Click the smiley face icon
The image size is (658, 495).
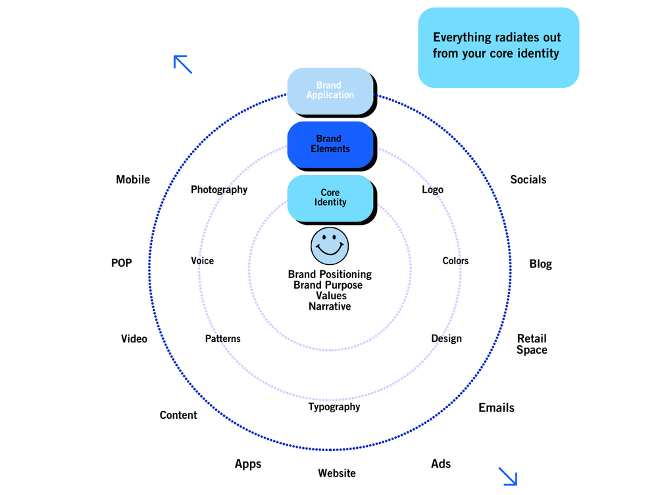point(330,247)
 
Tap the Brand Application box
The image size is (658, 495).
point(330,91)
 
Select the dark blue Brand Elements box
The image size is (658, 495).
point(330,144)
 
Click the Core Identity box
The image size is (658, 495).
point(330,198)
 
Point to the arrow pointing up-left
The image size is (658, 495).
point(182,64)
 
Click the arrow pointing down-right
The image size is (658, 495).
point(508,477)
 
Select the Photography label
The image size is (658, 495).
point(219,190)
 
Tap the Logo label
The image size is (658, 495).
point(432,190)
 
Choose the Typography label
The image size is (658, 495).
point(334,407)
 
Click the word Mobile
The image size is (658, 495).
point(133,179)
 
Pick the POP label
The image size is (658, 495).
point(122,264)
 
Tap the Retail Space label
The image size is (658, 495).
point(532,344)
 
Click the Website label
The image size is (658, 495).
point(337,473)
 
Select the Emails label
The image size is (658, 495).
point(496,408)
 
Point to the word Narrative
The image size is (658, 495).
point(330,306)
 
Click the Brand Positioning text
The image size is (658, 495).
point(330,274)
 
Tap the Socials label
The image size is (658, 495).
point(528,179)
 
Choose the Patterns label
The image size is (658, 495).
point(223,339)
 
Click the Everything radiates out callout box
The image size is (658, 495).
point(498,47)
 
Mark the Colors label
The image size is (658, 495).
point(455,261)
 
